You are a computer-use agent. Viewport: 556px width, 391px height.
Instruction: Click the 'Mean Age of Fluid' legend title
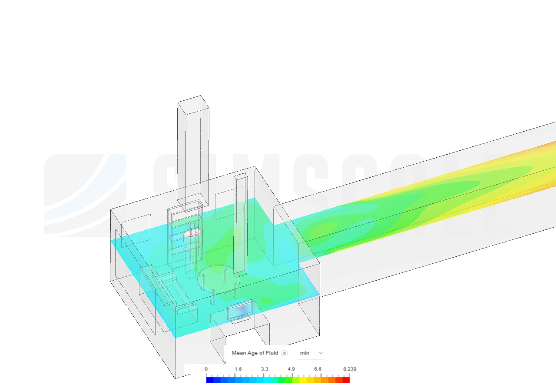[x=255, y=353]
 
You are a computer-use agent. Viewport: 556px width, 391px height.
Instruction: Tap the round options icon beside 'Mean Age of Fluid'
[x=284, y=353]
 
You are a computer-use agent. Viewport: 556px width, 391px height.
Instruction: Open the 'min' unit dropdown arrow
[x=321, y=353]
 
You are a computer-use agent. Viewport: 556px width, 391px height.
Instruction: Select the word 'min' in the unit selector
[x=304, y=353]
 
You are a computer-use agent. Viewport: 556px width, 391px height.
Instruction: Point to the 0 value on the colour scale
[x=206, y=369]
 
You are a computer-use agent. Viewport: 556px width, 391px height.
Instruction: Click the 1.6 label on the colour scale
[x=238, y=369]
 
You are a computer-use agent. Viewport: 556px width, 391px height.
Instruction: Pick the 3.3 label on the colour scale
[x=265, y=369]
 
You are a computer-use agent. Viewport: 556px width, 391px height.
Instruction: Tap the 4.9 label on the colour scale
[x=291, y=369]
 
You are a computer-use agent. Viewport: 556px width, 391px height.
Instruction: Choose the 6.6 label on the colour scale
[x=318, y=369]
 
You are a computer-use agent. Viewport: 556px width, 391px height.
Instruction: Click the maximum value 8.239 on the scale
[x=350, y=369]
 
